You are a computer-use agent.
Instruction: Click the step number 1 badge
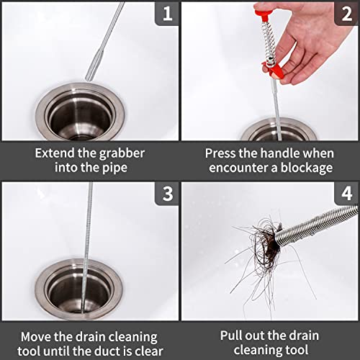[167, 14]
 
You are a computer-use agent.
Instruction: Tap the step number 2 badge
[346, 14]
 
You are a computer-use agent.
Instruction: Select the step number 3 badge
[167, 194]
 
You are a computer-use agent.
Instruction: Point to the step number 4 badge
[346, 194]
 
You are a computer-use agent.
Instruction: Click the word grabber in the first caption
[122, 154]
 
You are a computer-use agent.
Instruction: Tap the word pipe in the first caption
[114, 168]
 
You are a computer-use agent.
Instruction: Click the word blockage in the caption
[307, 168]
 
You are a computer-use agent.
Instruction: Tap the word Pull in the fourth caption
[230, 336]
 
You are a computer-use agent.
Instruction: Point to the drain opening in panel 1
[80, 113]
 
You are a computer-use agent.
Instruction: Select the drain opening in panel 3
[78, 289]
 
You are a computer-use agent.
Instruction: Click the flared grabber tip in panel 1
[92, 66]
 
